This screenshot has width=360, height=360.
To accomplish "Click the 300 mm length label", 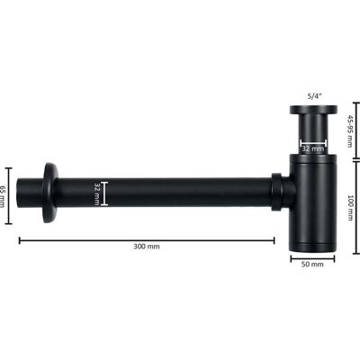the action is click(147, 247).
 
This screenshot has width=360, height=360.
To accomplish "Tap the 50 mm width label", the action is click(312, 265).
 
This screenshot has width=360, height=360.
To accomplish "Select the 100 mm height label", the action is click(350, 208).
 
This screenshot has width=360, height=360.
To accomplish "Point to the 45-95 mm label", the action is click(350, 130).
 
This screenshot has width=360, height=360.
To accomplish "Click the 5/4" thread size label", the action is click(313, 96).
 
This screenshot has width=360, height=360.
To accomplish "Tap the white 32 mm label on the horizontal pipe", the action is click(97, 193).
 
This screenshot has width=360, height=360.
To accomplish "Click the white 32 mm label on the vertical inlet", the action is click(313, 148).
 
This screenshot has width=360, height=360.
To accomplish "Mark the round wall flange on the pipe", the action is click(50, 193).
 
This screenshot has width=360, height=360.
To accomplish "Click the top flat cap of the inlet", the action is click(313, 110).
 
